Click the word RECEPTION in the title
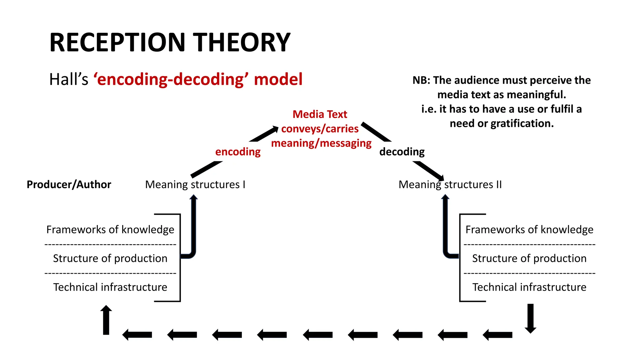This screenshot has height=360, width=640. tap(117, 42)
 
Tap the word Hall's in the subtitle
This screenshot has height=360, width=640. tap(69, 79)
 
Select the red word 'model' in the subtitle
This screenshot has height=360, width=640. tap(278, 79)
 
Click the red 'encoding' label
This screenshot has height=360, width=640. tap(238, 152)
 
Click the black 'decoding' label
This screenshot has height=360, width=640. tap(402, 152)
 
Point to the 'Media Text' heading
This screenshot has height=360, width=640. tap(320, 114)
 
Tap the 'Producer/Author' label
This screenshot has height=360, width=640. tap(69, 185)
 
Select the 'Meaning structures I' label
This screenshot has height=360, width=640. tap(195, 185)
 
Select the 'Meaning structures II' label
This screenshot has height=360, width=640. tap(450, 185)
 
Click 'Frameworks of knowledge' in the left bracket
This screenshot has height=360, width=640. tap(110, 230)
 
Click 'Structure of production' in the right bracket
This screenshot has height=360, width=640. tap(529, 258)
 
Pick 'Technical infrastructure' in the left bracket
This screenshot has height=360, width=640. tap(110, 287)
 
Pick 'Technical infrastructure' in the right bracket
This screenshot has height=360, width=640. tap(529, 287)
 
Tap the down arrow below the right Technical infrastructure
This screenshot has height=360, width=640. tap(530, 318)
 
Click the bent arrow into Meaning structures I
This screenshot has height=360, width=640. tap(193, 228)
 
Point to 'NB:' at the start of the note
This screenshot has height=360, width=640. tap(421, 81)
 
